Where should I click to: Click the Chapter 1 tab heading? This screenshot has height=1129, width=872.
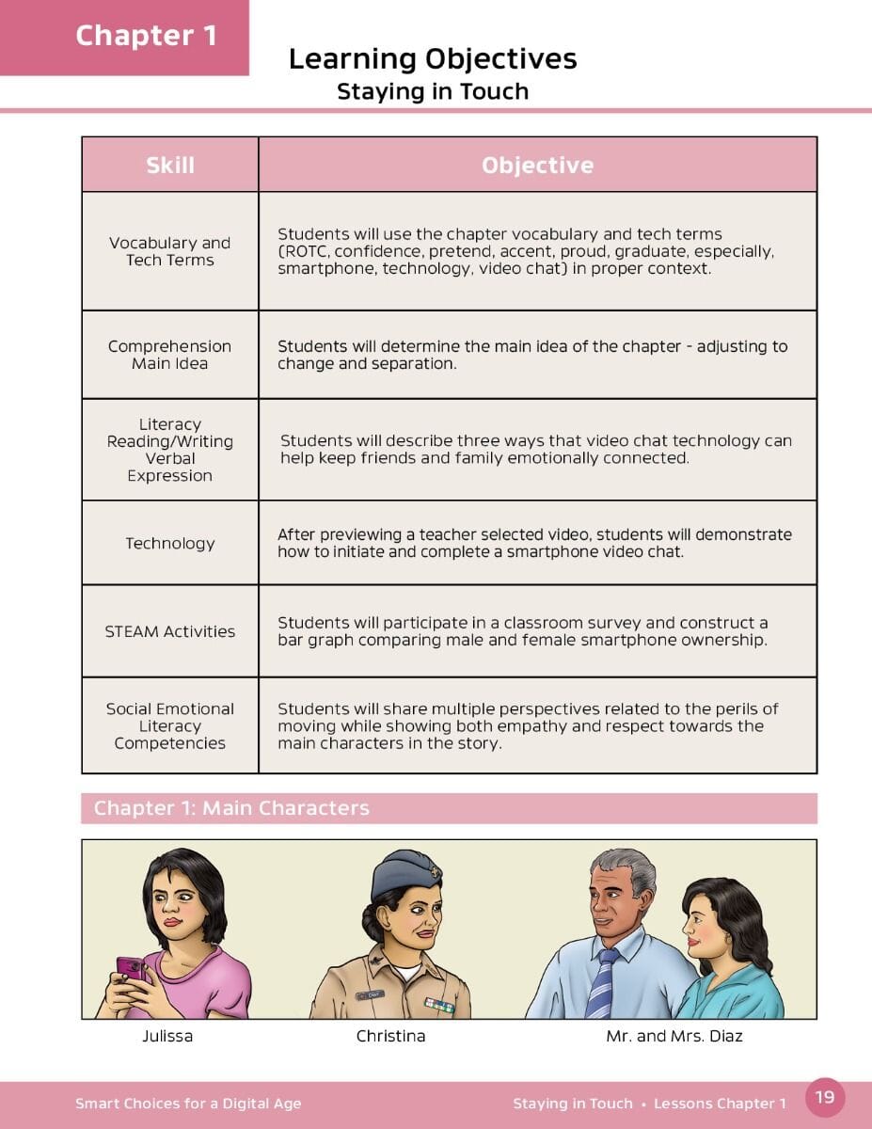tap(146, 36)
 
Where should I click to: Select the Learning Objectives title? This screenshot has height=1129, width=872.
tap(433, 59)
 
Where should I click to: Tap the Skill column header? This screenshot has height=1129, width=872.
tap(170, 166)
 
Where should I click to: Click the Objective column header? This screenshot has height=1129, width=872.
tap(537, 166)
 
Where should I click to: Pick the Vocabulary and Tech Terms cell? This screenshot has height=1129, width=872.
tap(170, 251)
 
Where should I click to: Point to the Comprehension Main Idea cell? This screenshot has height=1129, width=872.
tap(170, 355)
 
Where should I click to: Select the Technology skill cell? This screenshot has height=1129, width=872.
tap(170, 543)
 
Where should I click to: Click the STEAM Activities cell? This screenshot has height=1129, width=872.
tap(170, 631)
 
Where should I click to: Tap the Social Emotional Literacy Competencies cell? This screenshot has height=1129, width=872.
tap(170, 725)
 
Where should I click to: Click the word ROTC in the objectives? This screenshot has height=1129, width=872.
tap(304, 251)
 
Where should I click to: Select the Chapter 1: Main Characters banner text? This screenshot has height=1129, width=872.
tap(231, 808)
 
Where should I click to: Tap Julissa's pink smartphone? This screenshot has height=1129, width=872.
tap(130, 969)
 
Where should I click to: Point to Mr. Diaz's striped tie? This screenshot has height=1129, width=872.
tap(600, 983)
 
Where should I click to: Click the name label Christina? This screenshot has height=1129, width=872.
tap(390, 1036)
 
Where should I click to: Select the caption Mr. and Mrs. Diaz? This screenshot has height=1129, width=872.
tap(674, 1036)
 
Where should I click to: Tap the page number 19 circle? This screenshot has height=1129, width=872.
tap(825, 1097)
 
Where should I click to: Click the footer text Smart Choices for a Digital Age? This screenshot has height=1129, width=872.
tap(188, 1104)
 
